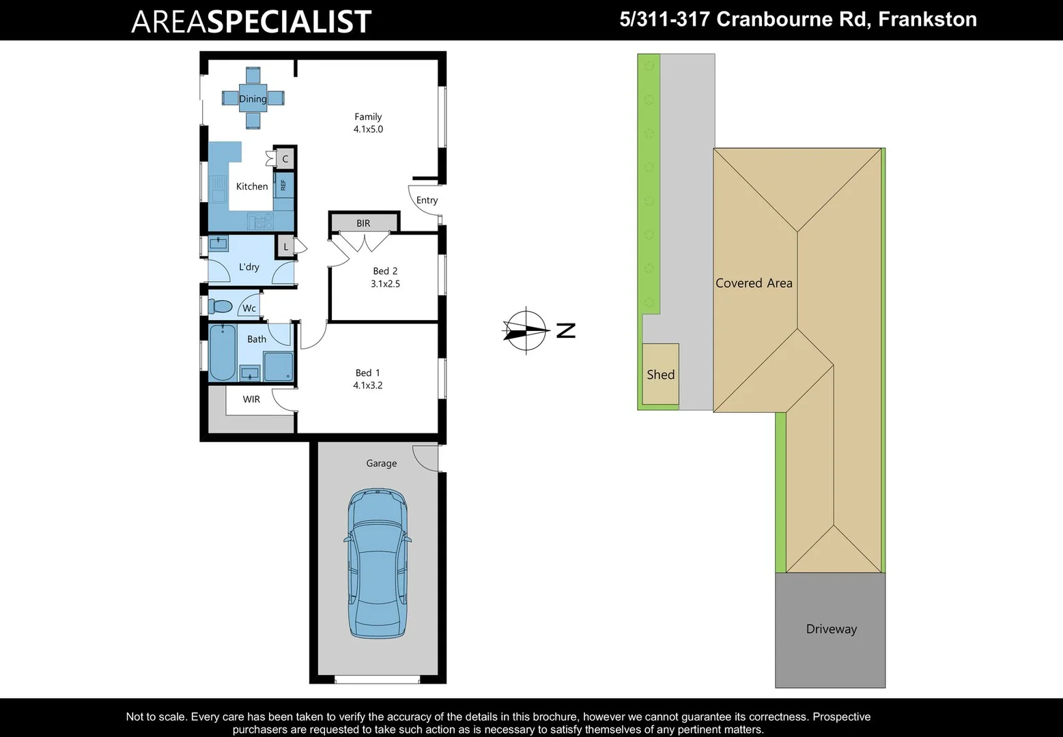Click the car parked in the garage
pos(377,564)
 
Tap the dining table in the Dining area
pos(253,99)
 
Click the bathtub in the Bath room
pos(222,352)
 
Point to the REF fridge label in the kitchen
pos(283,184)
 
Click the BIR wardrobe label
pos(363,223)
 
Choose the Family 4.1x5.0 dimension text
pos(368,129)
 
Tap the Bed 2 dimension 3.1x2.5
pos(385,283)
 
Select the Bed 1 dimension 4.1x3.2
pos(367,385)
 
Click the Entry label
pos(427,200)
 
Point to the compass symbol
pos(526,331)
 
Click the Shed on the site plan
pos(660,374)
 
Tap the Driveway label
pos(831,629)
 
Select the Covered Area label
pos(754,283)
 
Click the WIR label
pos(251,399)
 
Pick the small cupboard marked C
pos(285,159)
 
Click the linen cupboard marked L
pos(285,247)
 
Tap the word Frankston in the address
pos(927,19)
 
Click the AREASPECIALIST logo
pos(251,21)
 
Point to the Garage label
pos(381,463)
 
